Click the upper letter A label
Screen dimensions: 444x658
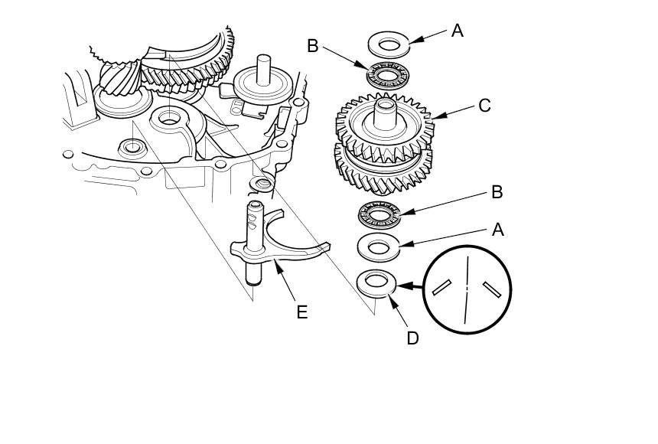click(x=458, y=31)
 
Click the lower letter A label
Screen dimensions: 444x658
click(x=498, y=229)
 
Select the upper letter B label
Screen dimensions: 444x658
click(x=312, y=46)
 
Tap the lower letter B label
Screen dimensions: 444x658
click(x=497, y=192)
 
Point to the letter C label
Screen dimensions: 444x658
click(x=484, y=106)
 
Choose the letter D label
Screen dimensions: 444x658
click(x=412, y=338)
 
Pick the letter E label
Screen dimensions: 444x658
click(x=301, y=312)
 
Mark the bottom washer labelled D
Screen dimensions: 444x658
click(x=376, y=282)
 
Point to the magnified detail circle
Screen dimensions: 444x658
click(x=466, y=289)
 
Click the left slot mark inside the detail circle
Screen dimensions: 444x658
click(x=442, y=287)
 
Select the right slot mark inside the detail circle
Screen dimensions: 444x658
click(x=490, y=289)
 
